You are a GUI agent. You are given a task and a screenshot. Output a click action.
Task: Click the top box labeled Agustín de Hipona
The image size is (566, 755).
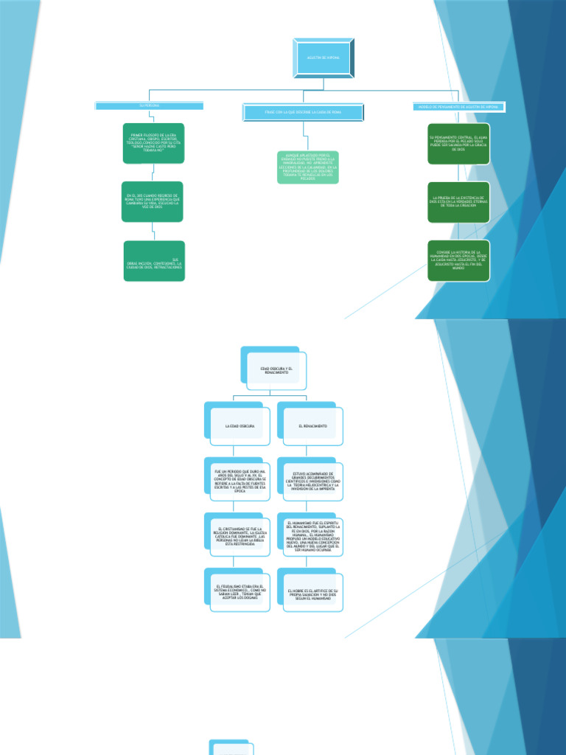tap(323, 58)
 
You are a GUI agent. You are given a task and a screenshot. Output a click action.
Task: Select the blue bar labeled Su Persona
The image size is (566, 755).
tap(149, 106)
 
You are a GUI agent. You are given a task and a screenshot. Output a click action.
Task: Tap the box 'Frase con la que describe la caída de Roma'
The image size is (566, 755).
tap(303, 112)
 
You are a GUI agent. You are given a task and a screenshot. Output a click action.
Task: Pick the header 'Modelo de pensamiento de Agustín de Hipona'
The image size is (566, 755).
tap(458, 107)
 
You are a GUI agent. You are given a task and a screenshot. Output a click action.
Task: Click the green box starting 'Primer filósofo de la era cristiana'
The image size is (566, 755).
tap(153, 142)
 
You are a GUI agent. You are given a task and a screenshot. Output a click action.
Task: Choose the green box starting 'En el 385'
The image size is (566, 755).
tap(153, 201)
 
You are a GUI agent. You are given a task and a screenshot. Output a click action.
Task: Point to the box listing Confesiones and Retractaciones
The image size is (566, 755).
tap(155, 261)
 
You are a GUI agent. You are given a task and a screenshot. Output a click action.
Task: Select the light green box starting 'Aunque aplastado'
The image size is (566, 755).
tap(308, 167)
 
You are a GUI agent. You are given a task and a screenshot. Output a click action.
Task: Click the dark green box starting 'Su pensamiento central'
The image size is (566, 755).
tap(458, 142)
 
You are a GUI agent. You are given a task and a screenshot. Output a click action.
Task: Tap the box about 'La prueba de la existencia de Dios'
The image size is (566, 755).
tap(458, 201)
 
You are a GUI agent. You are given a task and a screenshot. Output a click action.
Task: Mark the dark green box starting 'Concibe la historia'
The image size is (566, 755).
tap(458, 260)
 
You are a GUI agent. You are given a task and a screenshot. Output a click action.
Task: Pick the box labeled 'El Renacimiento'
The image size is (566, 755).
tap(312, 427)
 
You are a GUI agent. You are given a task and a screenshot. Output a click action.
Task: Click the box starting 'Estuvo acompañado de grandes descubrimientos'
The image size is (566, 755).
tap(312, 481)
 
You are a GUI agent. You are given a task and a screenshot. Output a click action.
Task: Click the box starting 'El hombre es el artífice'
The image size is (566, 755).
tap(312, 592)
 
